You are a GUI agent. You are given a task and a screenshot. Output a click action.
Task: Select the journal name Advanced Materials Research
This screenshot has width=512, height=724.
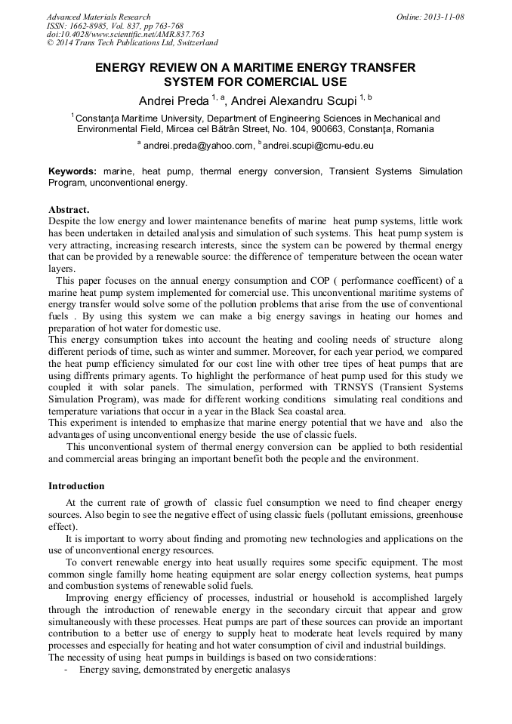(98, 17)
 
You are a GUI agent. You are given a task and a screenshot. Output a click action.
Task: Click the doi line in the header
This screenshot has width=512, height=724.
(125, 34)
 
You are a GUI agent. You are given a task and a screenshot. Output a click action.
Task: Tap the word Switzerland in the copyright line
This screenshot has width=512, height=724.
(193, 43)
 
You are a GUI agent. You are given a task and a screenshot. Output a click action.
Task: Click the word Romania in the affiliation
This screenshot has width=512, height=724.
(412, 129)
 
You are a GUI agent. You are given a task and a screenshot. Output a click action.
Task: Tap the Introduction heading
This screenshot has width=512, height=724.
(76, 485)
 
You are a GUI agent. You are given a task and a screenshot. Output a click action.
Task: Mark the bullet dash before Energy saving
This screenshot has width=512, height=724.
(67, 670)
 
